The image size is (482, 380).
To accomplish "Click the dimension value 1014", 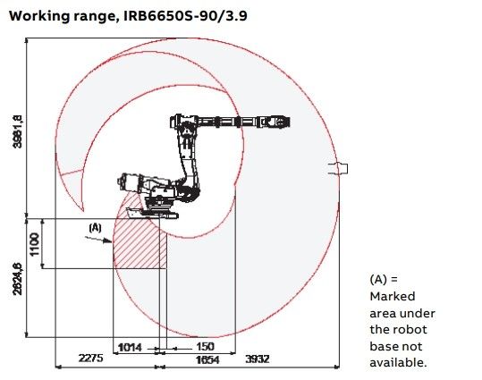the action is pyautogui.click(x=130, y=348).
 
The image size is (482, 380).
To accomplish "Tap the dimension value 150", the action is pyautogui.click(x=205, y=347).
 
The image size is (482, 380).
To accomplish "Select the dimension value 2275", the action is pyautogui.click(x=90, y=359).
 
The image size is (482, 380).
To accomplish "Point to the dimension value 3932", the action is pyautogui.click(x=258, y=359).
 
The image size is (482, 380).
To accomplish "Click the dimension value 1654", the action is pyautogui.click(x=207, y=359).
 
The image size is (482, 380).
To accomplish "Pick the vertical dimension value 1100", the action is pyautogui.click(x=34, y=244).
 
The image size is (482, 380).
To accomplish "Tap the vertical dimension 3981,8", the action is pyautogui.click(x=18, y=131).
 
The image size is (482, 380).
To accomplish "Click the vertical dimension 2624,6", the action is pyautogui.click(x=18, y=279).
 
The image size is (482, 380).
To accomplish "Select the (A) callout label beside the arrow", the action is pyautogui.click(x=95, y=228).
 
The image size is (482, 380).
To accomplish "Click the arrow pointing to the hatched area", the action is pyautogui.click(x=98, y=240).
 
